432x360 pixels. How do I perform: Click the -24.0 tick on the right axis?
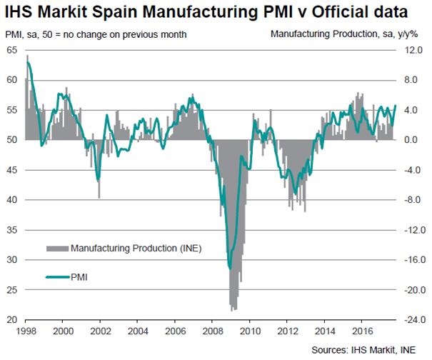point(413,320)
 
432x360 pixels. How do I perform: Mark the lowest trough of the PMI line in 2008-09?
point(230,269)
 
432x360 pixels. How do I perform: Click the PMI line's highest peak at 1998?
point(28,62)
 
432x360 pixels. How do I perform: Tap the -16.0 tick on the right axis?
point(413,260)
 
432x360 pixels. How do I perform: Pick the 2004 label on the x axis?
point(137,331)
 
